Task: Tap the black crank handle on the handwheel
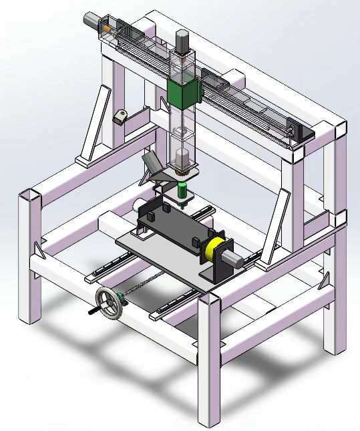pos(94,311)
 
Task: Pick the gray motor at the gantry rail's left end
pos(91,21)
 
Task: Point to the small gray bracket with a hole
pos(121,117)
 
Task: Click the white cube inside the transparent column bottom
pos(182,159)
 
